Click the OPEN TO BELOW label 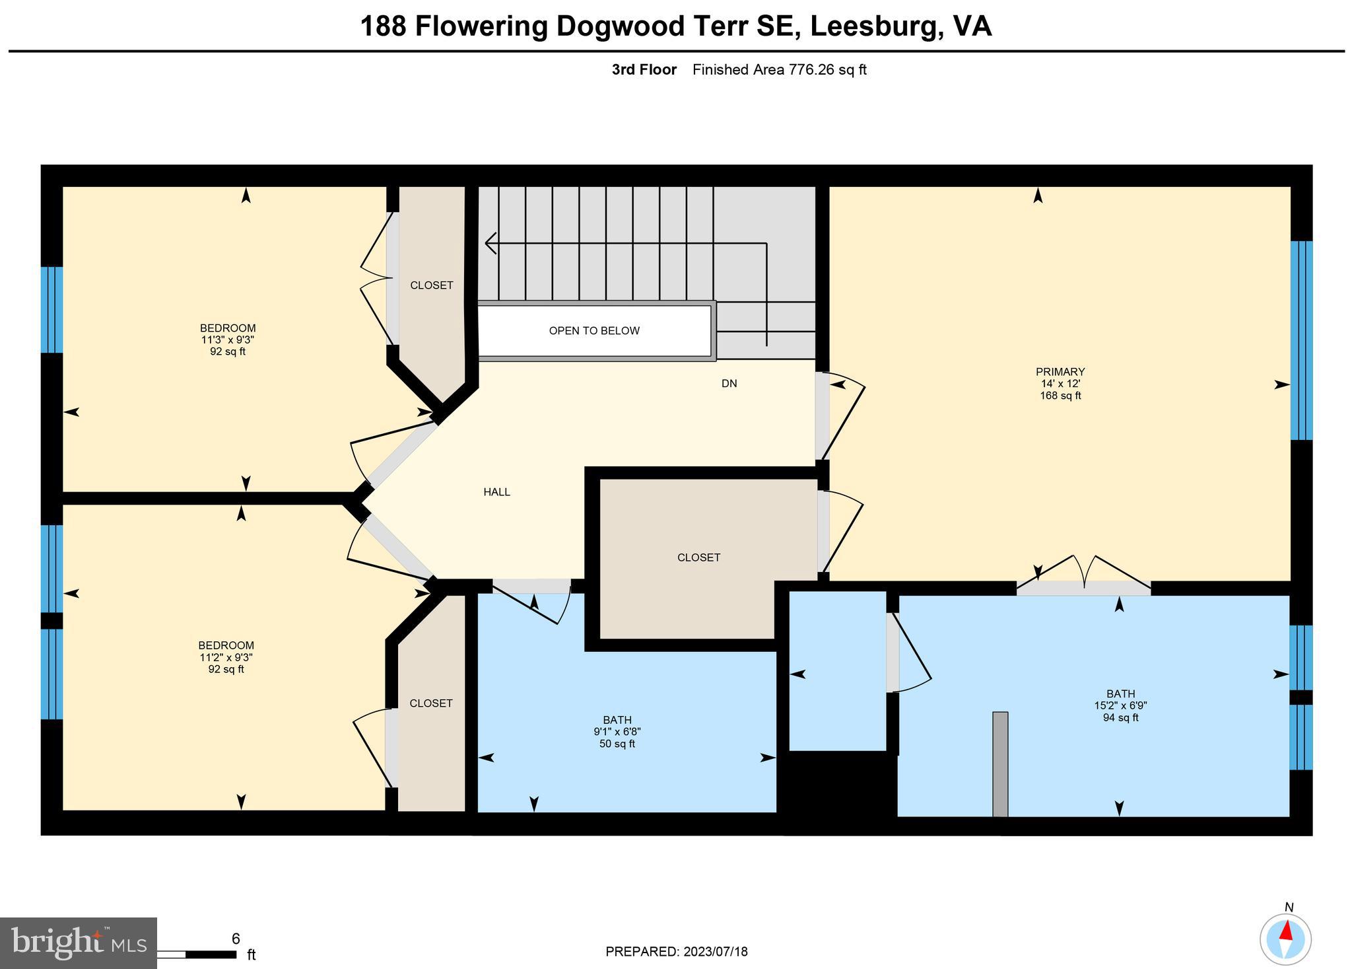click(x=594, y=331)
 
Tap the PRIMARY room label click(x=1060, y=372)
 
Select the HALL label click(x=496, y=492)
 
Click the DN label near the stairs click(x=729, y=384)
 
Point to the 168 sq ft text click(x=1060, y=396)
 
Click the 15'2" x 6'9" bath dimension click(x=1120, y=705)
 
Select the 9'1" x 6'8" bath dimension click(x=617, y=732)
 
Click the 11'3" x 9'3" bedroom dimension click(x=228, y=340)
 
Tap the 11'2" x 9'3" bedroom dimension click(x=226, y=657)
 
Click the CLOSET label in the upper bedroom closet click(x=432, y=285)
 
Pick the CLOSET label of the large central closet click(x=698, y=557)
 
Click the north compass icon click(x=1285, y=939)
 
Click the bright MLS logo click(x=78, y=943)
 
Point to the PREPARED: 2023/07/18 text click(x=676, y=952)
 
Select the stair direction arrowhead click(x=490, y=243)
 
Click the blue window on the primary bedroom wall click(x=1301, y=340)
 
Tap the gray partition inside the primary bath click(x=1000, y=764)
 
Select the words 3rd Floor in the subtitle click(x=644, y=70)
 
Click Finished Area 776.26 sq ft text click(x=779, y=70)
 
